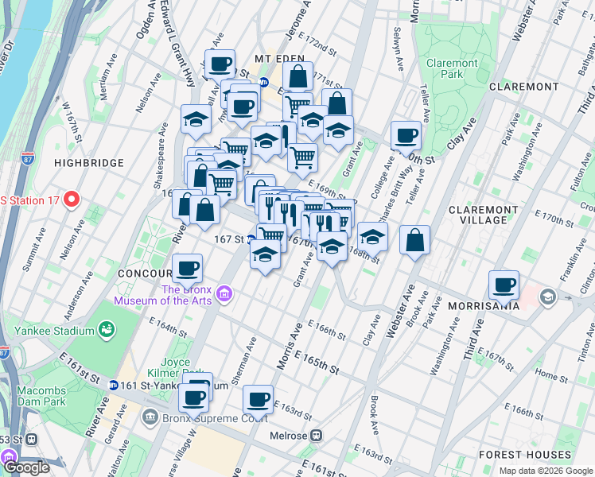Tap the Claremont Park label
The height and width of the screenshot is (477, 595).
[x=452, y=68]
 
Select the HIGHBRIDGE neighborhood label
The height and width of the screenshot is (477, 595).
[x=88, y=163]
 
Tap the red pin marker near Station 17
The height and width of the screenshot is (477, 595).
[x=72, y=198]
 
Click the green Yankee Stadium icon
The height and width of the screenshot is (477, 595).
[x=105, y=329]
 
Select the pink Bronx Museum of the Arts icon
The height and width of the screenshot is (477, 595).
[x=225, y=295]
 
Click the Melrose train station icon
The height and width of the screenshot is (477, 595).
[x=317, y=436]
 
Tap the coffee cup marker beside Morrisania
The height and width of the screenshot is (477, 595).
[x=504, y=285]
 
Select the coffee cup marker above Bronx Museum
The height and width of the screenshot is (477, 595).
[x=187, y=269]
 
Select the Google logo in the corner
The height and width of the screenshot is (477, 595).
[x=25, y=467]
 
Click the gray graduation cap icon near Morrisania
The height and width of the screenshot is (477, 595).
[x=547, y=297]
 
